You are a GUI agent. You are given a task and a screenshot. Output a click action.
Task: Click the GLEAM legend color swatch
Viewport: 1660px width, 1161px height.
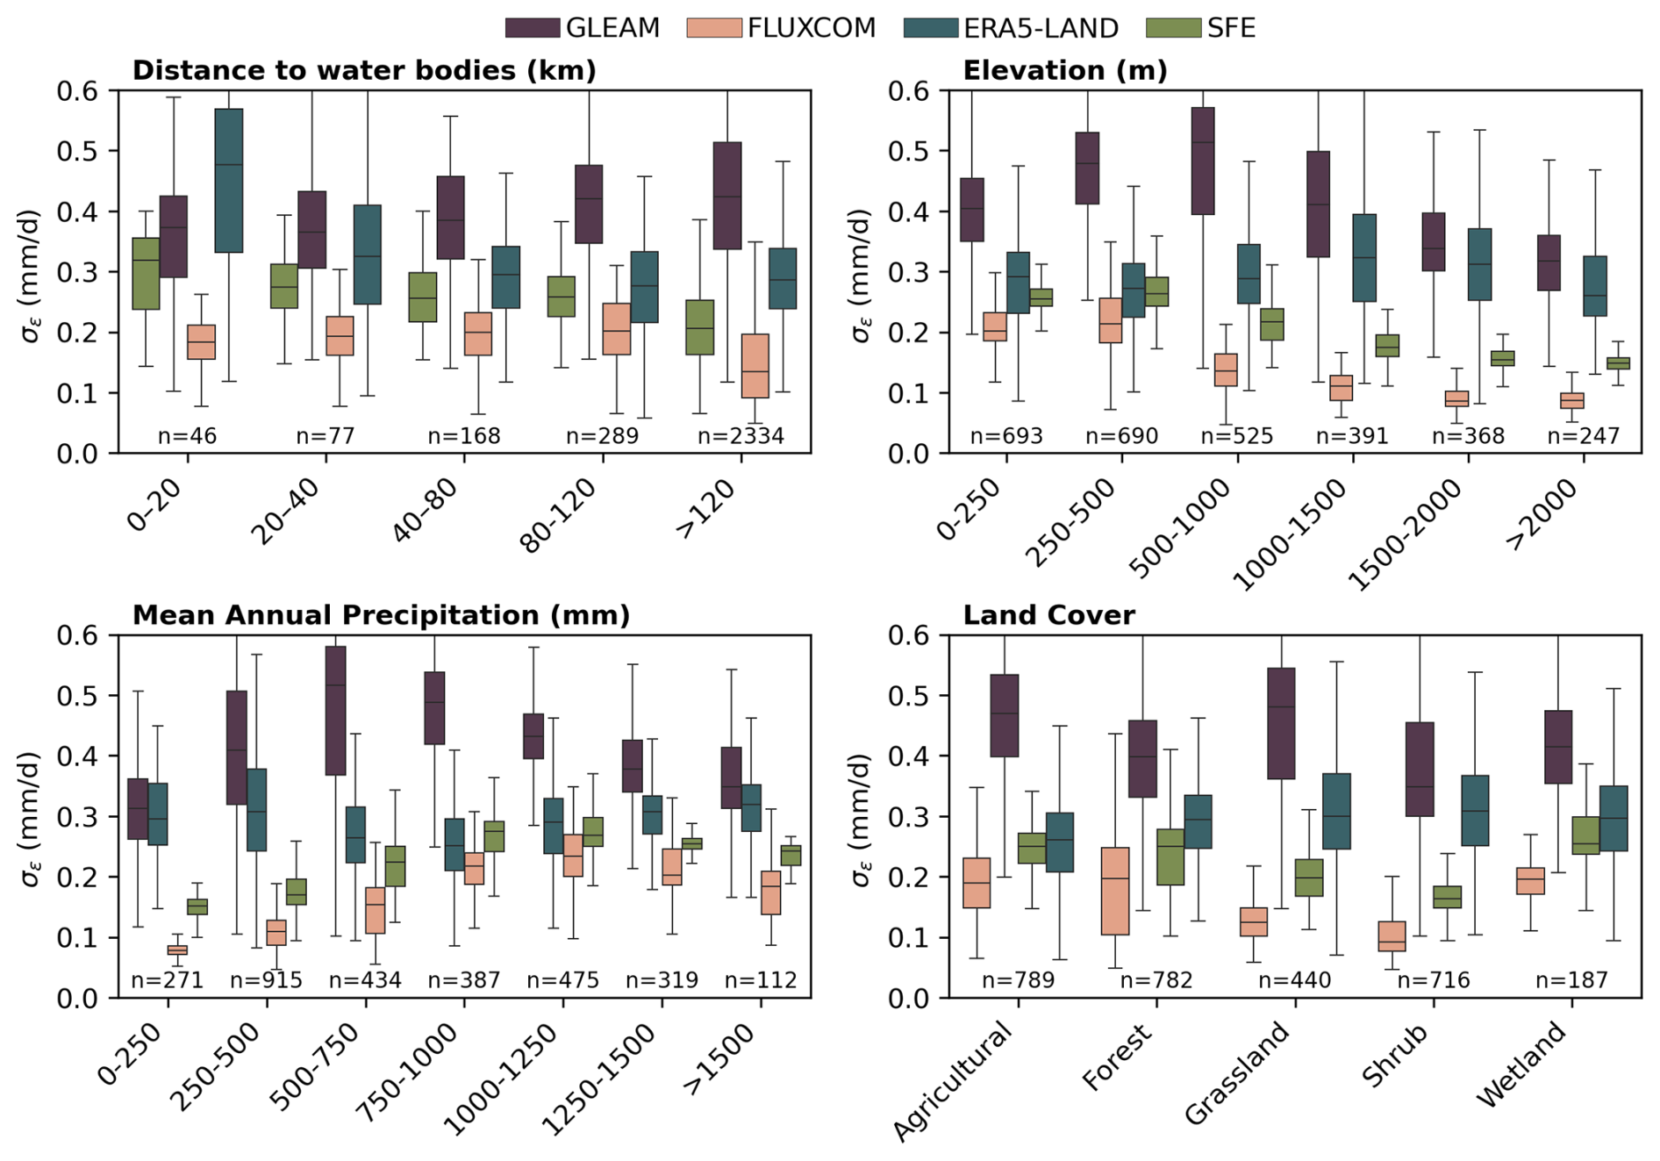coord(533,28)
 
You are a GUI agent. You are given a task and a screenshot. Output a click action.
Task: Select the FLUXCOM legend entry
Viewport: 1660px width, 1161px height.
coord(811,28)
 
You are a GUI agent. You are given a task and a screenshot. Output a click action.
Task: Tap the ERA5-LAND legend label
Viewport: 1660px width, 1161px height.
coord(1041,28)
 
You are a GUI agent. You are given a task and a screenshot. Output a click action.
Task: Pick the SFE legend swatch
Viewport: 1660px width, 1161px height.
coord(1173,28)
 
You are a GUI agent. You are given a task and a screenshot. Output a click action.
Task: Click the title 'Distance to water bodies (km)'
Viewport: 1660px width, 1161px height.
coord(364,70)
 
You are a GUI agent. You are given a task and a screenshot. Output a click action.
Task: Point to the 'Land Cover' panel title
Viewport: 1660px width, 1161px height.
coord(1048,615)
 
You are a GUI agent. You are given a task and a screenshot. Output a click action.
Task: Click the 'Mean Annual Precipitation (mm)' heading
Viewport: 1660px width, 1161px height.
coord(381,615)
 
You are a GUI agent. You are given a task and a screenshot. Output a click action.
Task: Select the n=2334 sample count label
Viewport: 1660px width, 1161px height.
coord(741,435)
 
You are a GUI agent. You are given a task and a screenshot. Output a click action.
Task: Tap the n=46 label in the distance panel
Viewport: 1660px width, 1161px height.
coord(187,435)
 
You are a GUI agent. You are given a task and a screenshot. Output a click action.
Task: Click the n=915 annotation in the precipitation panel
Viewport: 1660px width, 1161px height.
coord(266,979)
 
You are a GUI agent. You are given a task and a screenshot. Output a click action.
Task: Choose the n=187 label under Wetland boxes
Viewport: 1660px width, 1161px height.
coord(1571,979)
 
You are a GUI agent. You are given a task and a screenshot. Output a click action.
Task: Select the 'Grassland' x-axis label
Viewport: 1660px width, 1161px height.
coord(1238,1072)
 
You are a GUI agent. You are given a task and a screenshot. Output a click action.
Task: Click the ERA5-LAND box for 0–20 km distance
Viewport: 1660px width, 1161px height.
coord(229,180)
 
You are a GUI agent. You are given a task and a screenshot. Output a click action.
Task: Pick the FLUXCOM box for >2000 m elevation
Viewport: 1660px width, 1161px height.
coord(1572,400)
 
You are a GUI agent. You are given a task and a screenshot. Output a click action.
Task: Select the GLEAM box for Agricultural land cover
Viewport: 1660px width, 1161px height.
coord(1005,715)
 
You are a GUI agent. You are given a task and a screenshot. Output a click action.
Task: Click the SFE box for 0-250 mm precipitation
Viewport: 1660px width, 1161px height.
coord(197,906)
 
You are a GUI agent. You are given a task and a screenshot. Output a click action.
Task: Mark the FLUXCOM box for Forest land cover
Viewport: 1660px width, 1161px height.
coord(1115,891)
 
